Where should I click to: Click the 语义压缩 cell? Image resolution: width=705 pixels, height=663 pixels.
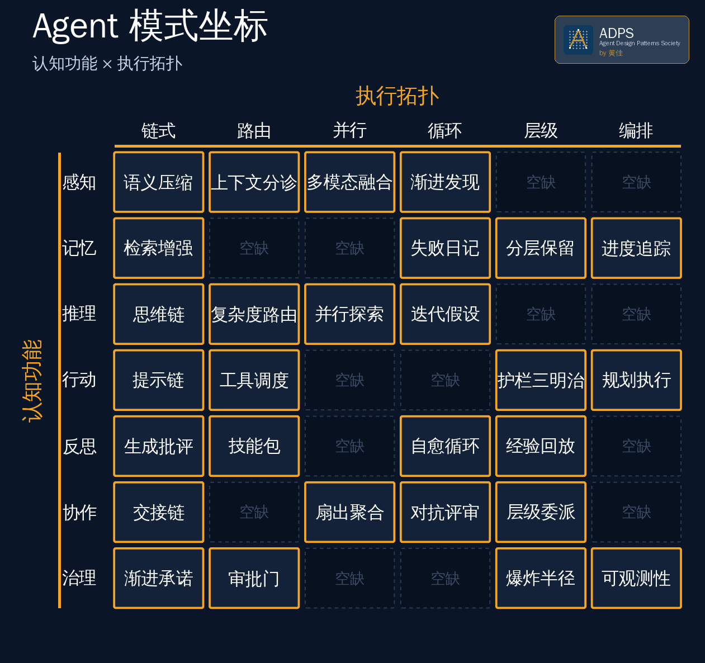pyautogui.click(x=159, y=182)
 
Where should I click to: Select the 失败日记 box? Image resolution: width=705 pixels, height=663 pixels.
pyautogui.click(x=445, y=248)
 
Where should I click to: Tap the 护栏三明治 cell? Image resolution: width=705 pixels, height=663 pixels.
pyautogui.click(x=541, y=380)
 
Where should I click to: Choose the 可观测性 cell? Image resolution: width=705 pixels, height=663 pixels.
pyautogui.click(x=636, y=578)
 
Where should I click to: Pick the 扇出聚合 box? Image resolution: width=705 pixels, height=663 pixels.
pyautogui.click(x=349, y=512)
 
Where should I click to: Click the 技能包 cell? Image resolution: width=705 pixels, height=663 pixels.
pyautogui.click(x=254, y=446)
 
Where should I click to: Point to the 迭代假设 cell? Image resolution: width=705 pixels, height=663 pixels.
pyautogui.click(x=445, y=314)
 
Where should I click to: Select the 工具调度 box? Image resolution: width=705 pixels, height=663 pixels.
pyautogui.click(x=254, y=380)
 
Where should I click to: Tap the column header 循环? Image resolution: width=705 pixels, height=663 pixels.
pyautogui.click(x=445, y=131)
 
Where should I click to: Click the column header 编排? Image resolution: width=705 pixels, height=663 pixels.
pyautogui.click(x=636, y=131)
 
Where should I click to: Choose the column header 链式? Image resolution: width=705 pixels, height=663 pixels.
pyautogui.click(x=158, y=131)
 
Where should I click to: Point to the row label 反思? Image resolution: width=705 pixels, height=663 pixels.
pyautogui.click(x=79, y=447)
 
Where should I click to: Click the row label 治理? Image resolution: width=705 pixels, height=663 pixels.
pyautogui.click(x=79, y=578)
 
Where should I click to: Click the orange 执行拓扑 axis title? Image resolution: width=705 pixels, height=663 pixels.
pyautogui.click(x=398, y=96)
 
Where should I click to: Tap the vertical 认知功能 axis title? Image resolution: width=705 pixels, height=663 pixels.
pyautogui.click(x=32, y=381)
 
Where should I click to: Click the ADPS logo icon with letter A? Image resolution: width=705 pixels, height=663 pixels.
pyautogui.click(x=578, y=40)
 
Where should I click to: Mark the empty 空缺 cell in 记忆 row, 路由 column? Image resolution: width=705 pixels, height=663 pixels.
pyautogui.click(x=254, y=248)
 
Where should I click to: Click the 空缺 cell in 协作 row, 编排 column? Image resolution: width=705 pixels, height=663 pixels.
pyautogui.click(x=636, y=512)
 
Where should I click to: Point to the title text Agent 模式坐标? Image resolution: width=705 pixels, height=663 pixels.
pyautogui.click(x=150, y=26)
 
